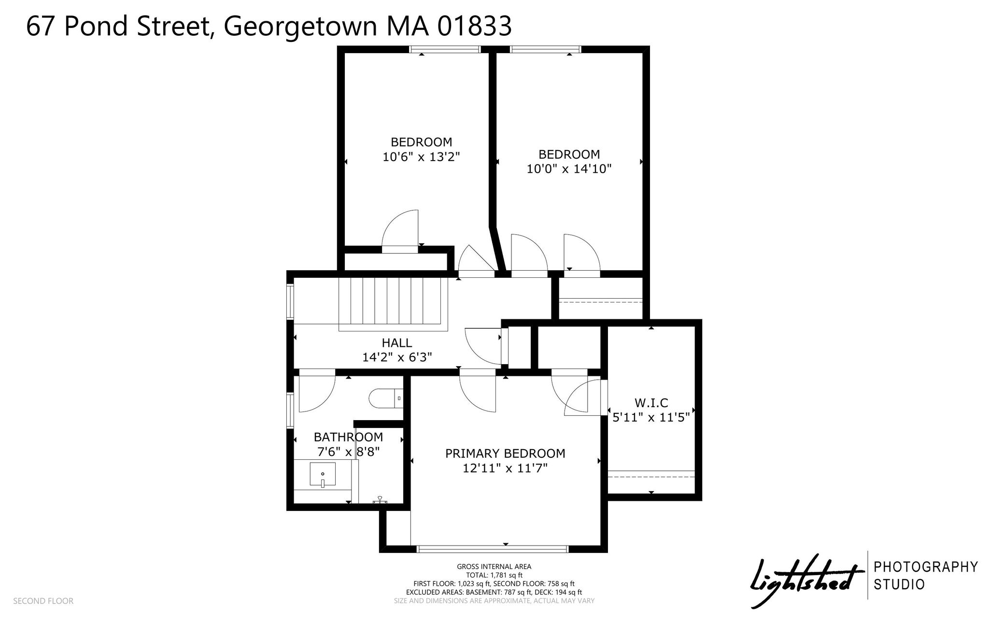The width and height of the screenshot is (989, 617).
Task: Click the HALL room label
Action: point(397,343)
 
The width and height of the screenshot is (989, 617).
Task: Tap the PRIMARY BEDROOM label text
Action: point(505,453)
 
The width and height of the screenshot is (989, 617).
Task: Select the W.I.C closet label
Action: point(651,403)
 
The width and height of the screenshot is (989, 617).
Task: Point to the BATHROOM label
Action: point(348,437)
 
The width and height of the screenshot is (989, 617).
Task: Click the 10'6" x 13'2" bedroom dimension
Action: point(421,157)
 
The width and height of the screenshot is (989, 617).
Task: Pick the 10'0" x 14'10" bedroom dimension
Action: point(569,169)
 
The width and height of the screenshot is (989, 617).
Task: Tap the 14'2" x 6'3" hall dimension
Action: point(397,357)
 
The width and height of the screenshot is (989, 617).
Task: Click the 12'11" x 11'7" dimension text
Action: point(505,468)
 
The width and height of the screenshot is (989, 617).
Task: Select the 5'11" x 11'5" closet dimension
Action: point(651,417)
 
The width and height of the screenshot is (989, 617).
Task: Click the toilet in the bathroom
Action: point(386,398)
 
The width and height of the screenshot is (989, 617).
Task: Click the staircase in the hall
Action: point(393,304)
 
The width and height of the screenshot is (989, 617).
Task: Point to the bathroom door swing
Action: point(317,394)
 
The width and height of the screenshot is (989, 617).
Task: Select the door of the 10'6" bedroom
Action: point(400,231)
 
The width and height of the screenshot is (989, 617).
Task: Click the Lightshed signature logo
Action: point(806,580)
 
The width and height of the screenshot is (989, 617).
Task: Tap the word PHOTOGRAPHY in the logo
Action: point(926,567)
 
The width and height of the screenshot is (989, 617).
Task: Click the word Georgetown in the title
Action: point(300,26)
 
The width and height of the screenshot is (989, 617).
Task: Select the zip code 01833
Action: point(475,26)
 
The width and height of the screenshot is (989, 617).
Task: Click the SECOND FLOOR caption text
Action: point(43,601)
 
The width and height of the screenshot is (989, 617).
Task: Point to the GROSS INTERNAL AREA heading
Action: point(494,567)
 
